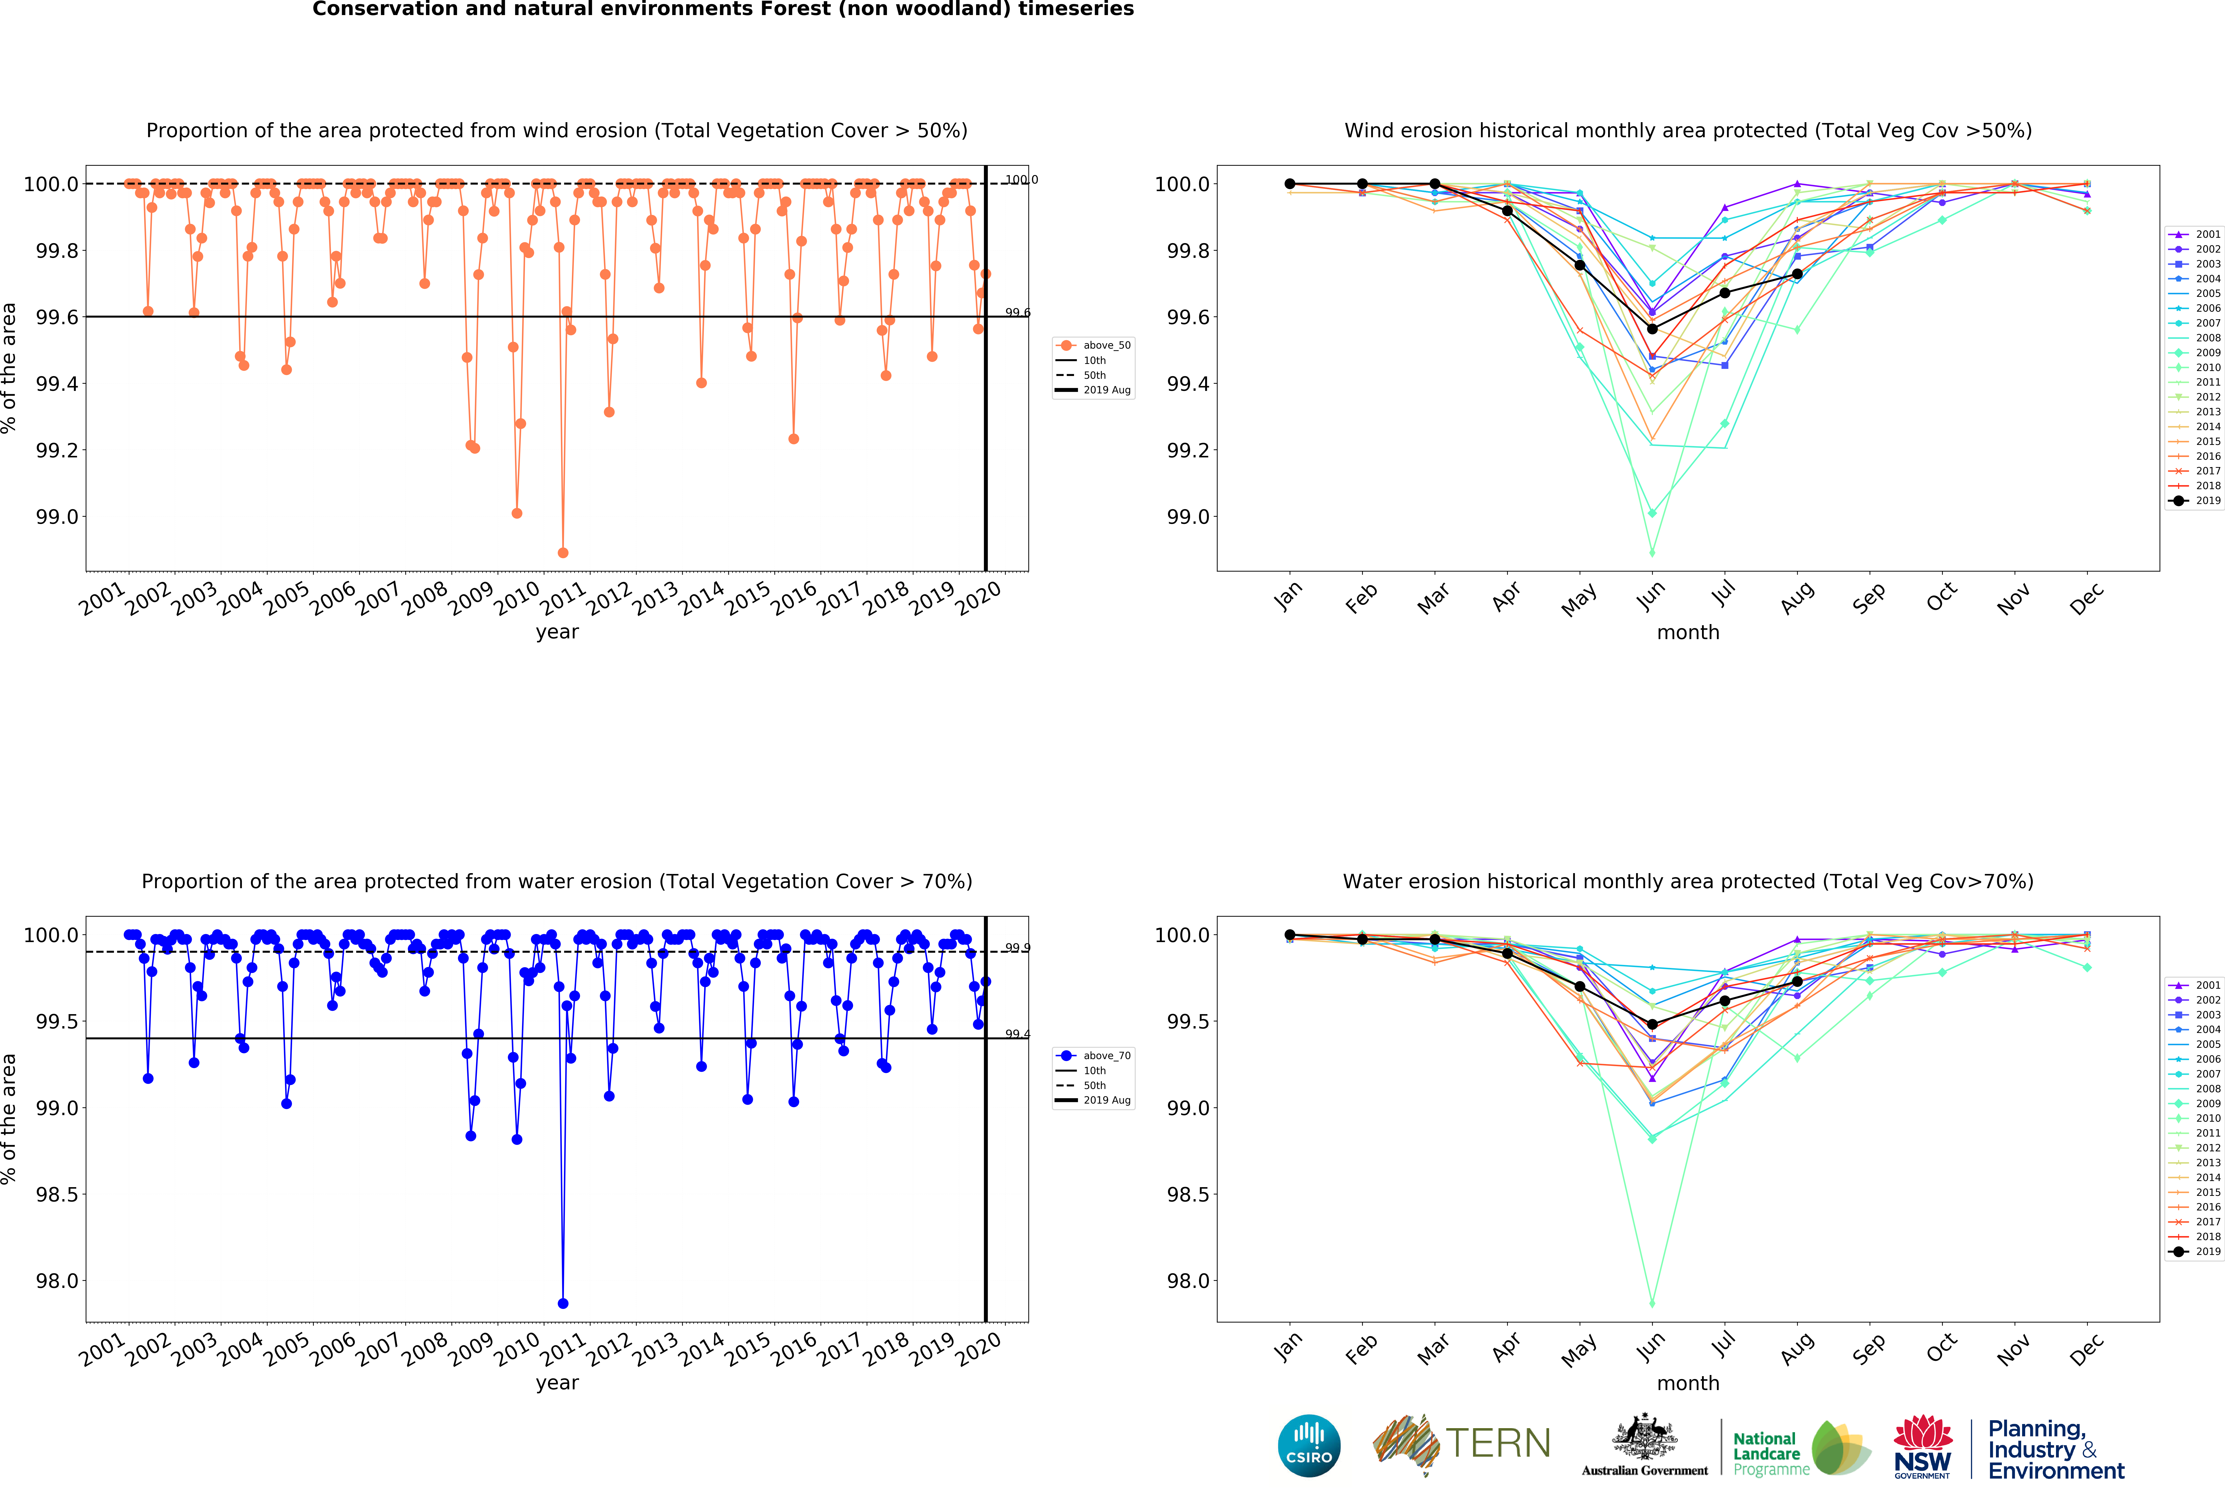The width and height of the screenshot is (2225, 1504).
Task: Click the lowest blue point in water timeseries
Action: click(x=563, y=1303)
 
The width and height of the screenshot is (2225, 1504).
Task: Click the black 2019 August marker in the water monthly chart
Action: click(x=1797, y=981)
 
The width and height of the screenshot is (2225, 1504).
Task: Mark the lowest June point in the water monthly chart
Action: click(x=1652, y=1303)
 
